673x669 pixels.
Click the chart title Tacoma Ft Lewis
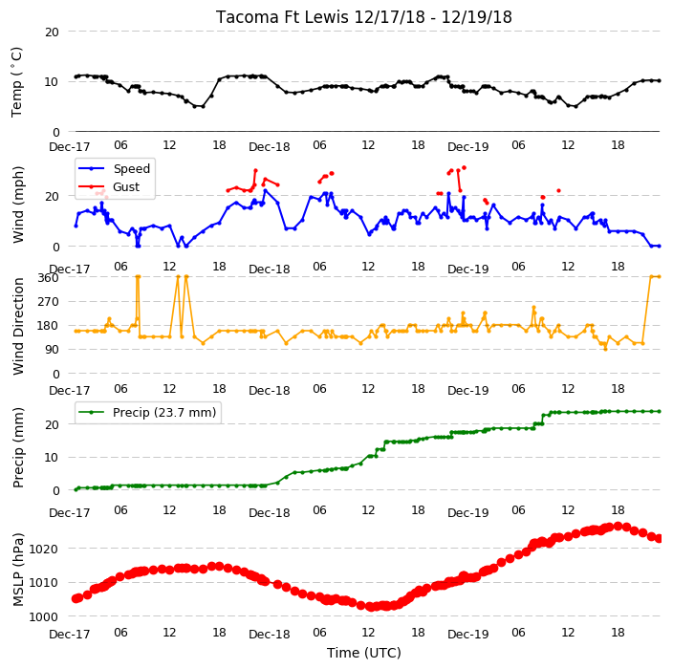282,17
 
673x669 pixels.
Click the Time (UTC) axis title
364,653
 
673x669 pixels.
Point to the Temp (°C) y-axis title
16,82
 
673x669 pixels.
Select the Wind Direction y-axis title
18,327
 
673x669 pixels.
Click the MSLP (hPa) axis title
18,570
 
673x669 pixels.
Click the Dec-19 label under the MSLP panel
467,635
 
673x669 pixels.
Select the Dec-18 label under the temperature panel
270,147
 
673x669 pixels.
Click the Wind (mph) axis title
18,205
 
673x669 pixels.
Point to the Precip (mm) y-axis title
18,447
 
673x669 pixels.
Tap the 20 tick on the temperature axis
52,32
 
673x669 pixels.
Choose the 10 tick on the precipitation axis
52,458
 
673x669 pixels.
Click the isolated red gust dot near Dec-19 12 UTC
558,190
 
